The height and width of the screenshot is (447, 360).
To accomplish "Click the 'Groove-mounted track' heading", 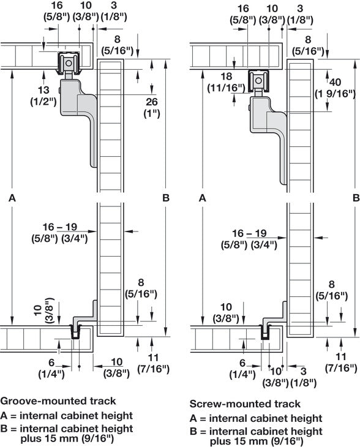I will coord(58,401).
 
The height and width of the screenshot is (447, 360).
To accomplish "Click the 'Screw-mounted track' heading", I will coord(245,404).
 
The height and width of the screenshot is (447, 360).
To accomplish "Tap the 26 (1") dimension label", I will coord(151,108).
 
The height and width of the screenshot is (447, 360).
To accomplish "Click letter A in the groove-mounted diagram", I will coord(12,198).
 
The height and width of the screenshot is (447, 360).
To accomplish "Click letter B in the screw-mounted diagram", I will coord(356,198).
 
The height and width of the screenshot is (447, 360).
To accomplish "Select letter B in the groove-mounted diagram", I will coord(165,198).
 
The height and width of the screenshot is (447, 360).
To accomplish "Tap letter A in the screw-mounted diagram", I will coord(203,198).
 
